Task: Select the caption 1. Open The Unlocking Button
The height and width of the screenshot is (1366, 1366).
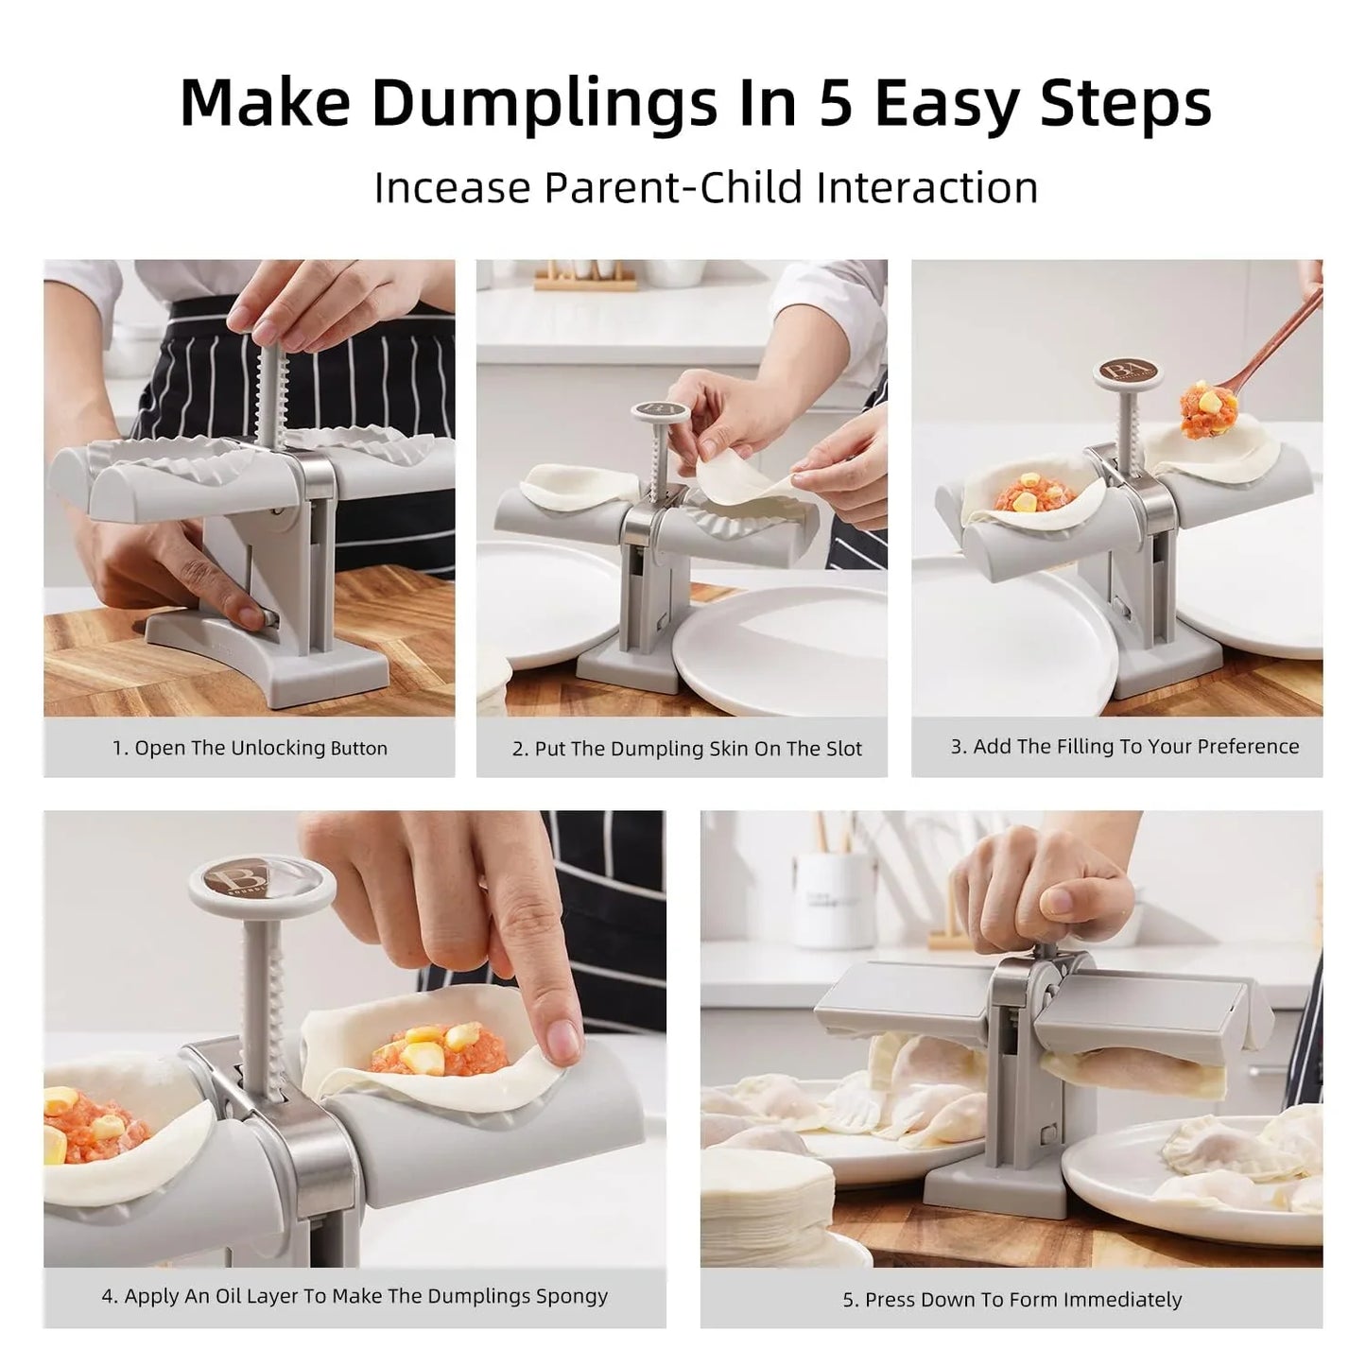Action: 250,748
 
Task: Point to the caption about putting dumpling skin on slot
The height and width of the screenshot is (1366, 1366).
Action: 687,749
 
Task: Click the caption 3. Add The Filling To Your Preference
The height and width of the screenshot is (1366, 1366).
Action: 1124,747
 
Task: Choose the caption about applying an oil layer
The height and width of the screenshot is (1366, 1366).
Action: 354,1296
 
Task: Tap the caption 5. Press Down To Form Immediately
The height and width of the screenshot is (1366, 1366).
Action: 1012,1300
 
